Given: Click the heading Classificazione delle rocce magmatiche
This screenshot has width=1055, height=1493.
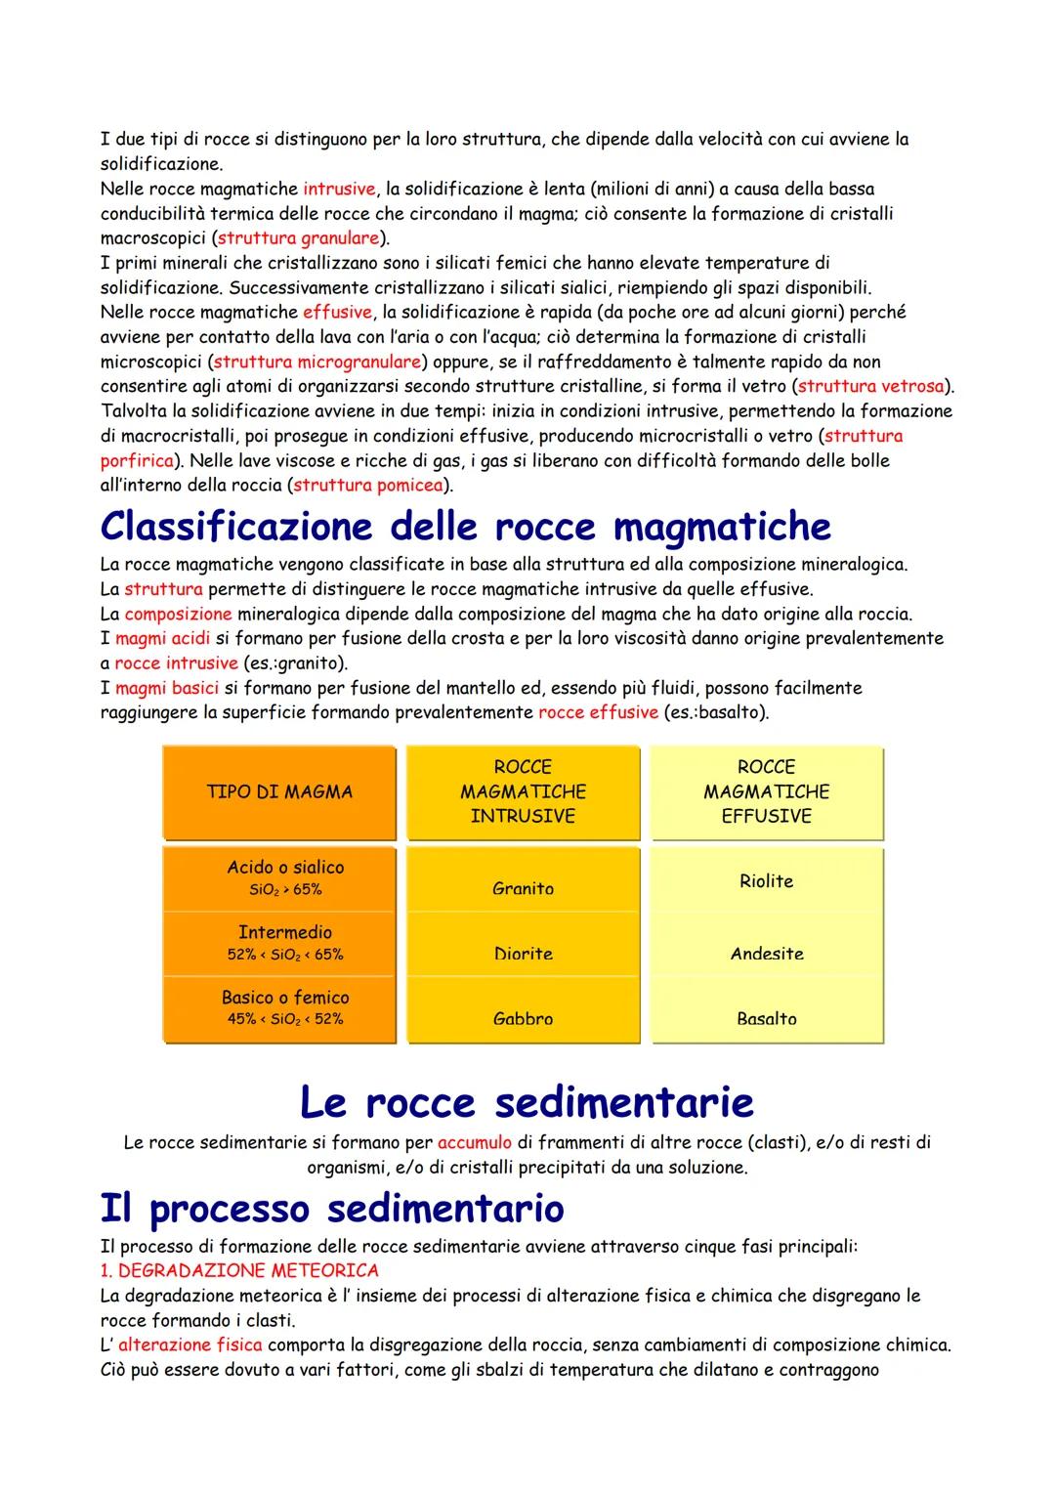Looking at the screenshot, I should pyautogui.click(x=465, y=527).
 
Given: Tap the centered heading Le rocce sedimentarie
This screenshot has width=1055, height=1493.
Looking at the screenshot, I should pyautogui.click(x=527, y=1102).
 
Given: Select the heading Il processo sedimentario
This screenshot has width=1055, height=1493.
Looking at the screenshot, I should pyautogui.click(x=332, y=1208).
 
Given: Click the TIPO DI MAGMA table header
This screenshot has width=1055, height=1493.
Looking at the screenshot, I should pyautogui.click(x=279, y=792).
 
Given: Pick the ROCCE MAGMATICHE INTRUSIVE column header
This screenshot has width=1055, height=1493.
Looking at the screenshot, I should pyautogui.click(x=523, y=791).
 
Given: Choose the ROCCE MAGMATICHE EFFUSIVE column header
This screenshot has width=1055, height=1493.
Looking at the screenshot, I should pyautogui.click(x=766, y=791).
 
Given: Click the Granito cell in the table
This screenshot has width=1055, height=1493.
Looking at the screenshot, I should pyautogui.click(x=523, y=888).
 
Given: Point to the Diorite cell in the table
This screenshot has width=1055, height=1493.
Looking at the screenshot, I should pyautogui.click(x=523, y=954).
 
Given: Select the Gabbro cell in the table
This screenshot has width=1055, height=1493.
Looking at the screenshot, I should pyautogui.click(x=523, y=1018).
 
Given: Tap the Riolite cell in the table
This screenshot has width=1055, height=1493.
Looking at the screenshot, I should pyautogui.click(x=766, y=881).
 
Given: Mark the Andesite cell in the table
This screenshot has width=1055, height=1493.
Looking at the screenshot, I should pyautogui.click(x=767, y=954).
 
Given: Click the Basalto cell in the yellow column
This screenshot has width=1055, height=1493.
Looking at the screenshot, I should pyautogui.click(x=767, y=1018).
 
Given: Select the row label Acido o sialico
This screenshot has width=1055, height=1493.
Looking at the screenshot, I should pyautogui.click(x=285, y=868).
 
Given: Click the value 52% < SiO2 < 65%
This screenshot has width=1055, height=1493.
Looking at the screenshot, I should pyautogui.click(x=285, y=955).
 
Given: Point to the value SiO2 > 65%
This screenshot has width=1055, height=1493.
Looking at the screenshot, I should pyautogui.click(x=285, y=889).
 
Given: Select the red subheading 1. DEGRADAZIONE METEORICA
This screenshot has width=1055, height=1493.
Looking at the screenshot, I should pyautogui.click(x=239, y=1270).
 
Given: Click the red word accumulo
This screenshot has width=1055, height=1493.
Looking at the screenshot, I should pyautogui.click(x=475, y=1142).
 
